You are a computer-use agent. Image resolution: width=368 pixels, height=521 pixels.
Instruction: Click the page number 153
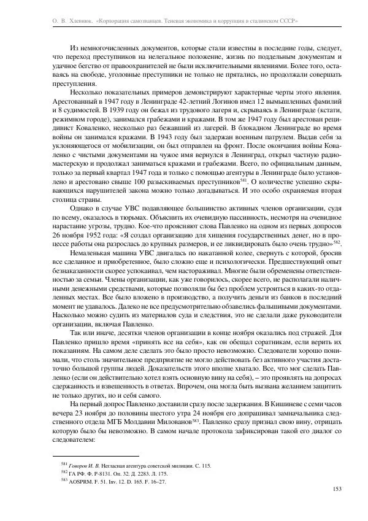336,488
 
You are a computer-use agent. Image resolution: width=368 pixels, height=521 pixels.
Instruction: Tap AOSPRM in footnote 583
81,482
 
